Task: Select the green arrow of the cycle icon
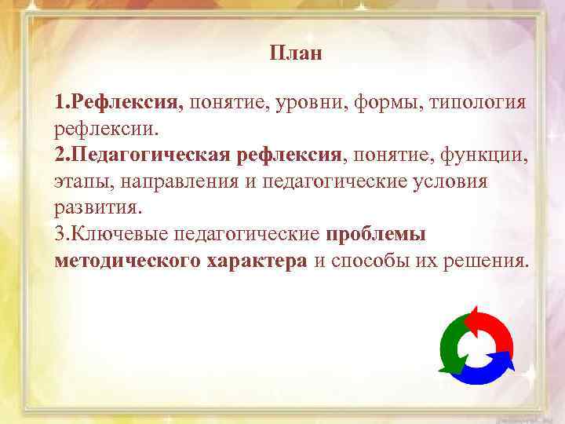[450, 345]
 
